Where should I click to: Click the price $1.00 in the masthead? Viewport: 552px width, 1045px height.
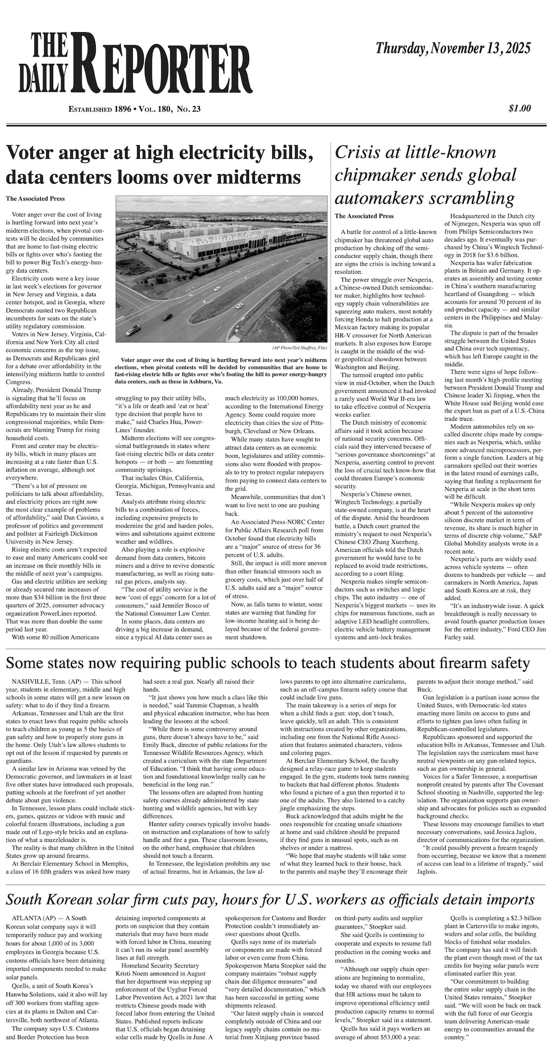pos(519,109)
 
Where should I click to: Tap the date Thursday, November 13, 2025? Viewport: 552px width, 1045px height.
pos(453,49)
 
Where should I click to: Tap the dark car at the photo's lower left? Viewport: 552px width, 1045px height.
pos(132,330)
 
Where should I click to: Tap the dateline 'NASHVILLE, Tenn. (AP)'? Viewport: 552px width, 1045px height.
pos(47,681)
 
